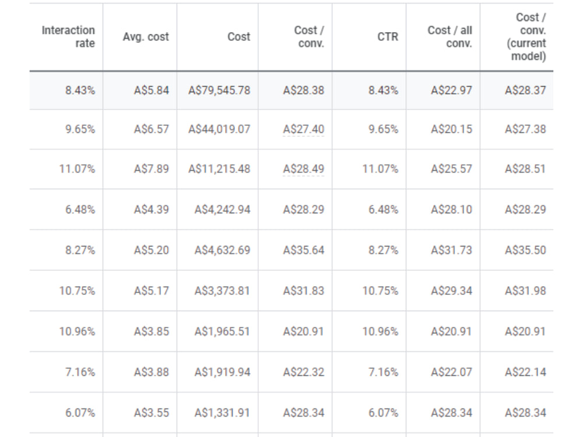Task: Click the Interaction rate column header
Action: (68, 36)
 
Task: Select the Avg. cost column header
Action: (146, 36)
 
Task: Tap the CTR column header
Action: (388, 36)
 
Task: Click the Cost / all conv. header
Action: (450, 36)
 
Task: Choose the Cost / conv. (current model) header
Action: (526, 36)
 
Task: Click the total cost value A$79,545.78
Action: (219, 90)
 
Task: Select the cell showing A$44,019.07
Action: (219, 129)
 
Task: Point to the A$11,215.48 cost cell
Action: (219, 169)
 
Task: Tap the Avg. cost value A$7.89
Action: (152, 169)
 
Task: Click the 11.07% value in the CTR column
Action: (380, 169)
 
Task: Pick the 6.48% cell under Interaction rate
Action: (80, 209)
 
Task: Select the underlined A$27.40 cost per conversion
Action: (303, 129)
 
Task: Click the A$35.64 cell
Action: (303, 250)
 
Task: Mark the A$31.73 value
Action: (451, 250)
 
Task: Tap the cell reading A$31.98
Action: (525, 290)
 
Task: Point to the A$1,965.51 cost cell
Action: (222, 331)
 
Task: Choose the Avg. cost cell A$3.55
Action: (152, 413)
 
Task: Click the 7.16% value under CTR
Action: (384, 372)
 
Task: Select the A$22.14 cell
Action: (525, 372)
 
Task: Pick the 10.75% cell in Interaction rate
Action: (77, 290)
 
